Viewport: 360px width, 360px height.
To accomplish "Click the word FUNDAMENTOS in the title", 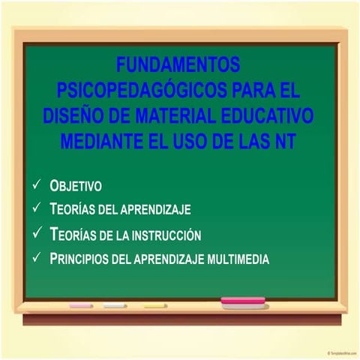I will pos(178,64).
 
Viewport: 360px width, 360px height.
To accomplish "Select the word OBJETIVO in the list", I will pos(75,185).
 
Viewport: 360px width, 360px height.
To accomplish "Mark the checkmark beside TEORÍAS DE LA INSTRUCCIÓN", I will pos(37,233).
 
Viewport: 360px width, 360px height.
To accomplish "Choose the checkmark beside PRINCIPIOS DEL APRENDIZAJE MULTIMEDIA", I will pos(37,258).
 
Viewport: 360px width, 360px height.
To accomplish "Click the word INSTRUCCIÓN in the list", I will pos(167,235).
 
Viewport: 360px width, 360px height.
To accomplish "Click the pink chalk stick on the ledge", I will pos(81,306).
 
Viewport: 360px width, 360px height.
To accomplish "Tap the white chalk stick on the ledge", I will pos(115,306).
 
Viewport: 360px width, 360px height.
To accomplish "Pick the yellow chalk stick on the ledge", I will pos(154,306).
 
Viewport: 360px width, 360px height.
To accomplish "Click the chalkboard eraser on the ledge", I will pos(243,302).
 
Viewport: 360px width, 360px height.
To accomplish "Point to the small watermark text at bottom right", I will pos(342,352).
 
